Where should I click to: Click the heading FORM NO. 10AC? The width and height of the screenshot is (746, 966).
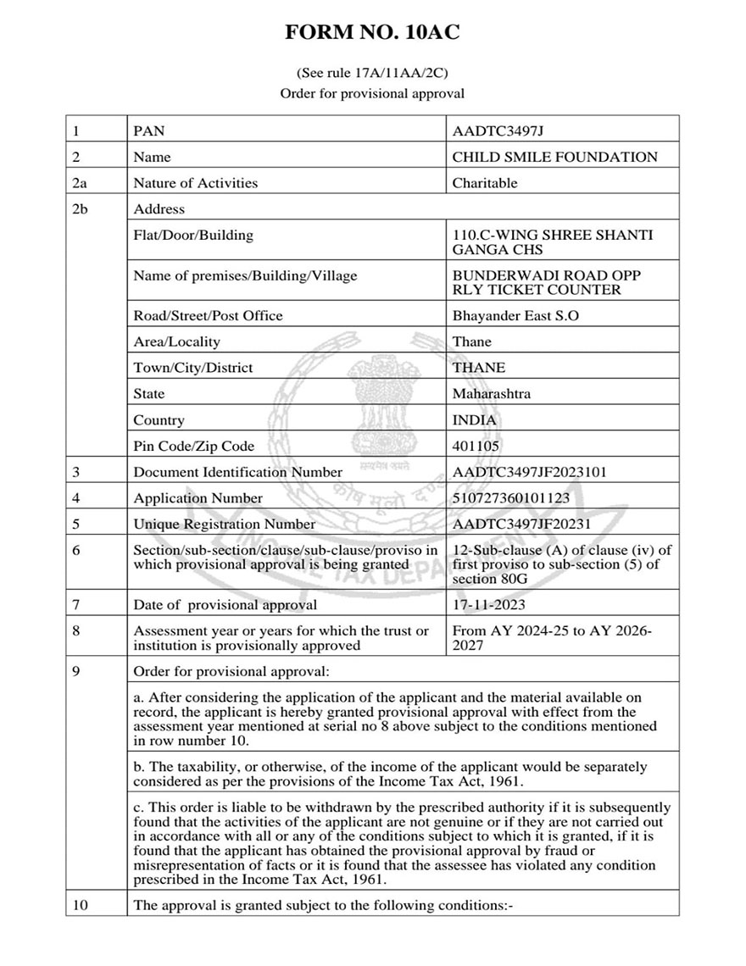[372, 33]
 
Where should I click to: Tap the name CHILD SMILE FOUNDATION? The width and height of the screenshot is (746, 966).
[554, 157]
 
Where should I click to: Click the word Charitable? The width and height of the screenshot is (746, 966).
[484, 183]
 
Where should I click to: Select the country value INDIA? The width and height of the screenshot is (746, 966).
[475, 420]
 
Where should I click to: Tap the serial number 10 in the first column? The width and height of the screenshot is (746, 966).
[81, 905]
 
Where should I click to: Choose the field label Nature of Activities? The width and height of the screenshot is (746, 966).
[195, 183]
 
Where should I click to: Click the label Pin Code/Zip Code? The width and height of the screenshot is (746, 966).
[193, 446]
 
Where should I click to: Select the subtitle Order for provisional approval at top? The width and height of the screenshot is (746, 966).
[372, 93]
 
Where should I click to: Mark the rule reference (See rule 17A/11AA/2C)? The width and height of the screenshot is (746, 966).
[372, 73]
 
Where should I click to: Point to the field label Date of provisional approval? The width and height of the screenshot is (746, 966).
[225, 605]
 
